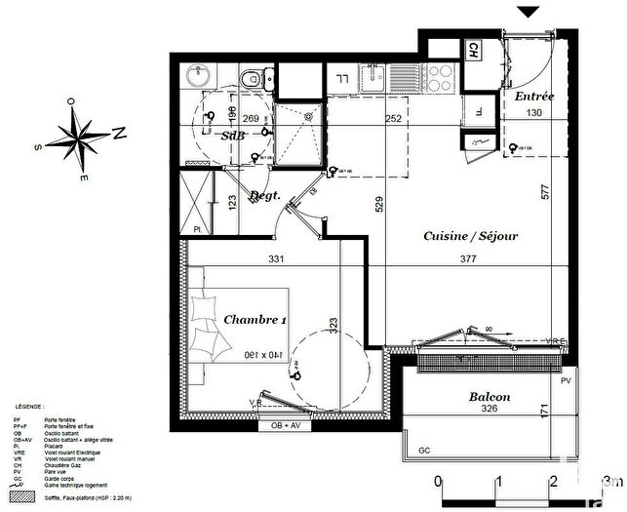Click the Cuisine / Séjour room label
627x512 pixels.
pyautogui.click(x=470, y=237)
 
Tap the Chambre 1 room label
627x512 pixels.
pyautogui.click(x=255, y=320)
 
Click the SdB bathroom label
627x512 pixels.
pyautogui.click(x=234, y=136)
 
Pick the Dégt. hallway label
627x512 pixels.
pyautogui.click(x=265, y=195)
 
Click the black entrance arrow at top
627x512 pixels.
pyautogui.click(x=528, y=12)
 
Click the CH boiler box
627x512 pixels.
pyautogui.click(x=473, y=50)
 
